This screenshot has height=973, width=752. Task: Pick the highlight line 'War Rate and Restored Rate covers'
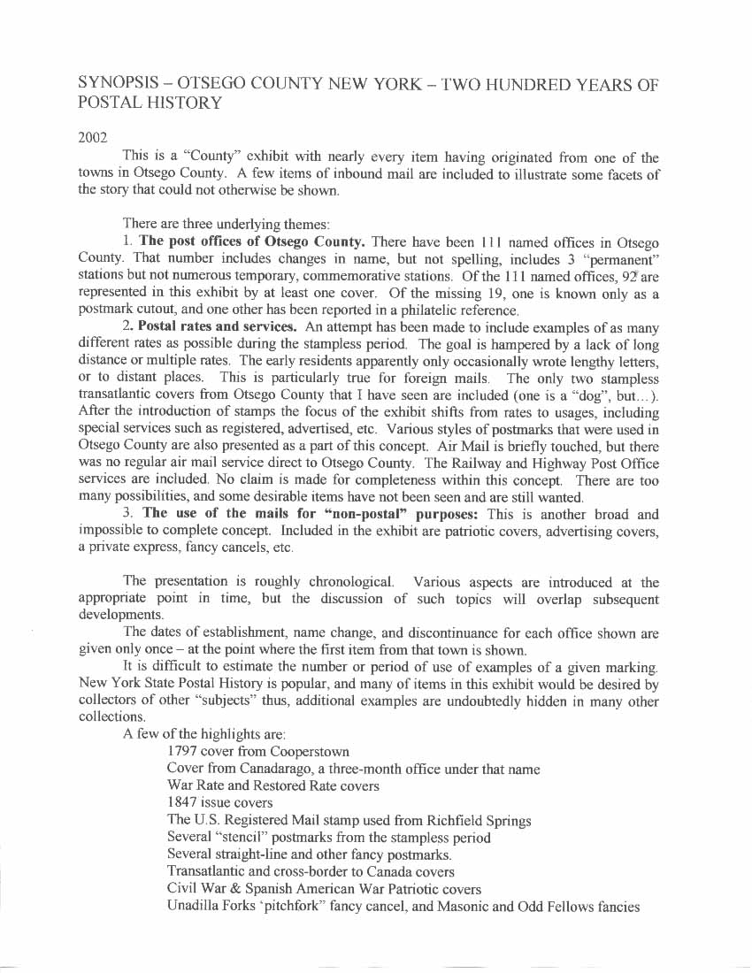(x=272, y=785)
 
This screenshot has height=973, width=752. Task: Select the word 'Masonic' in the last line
(x=464, y=907)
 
